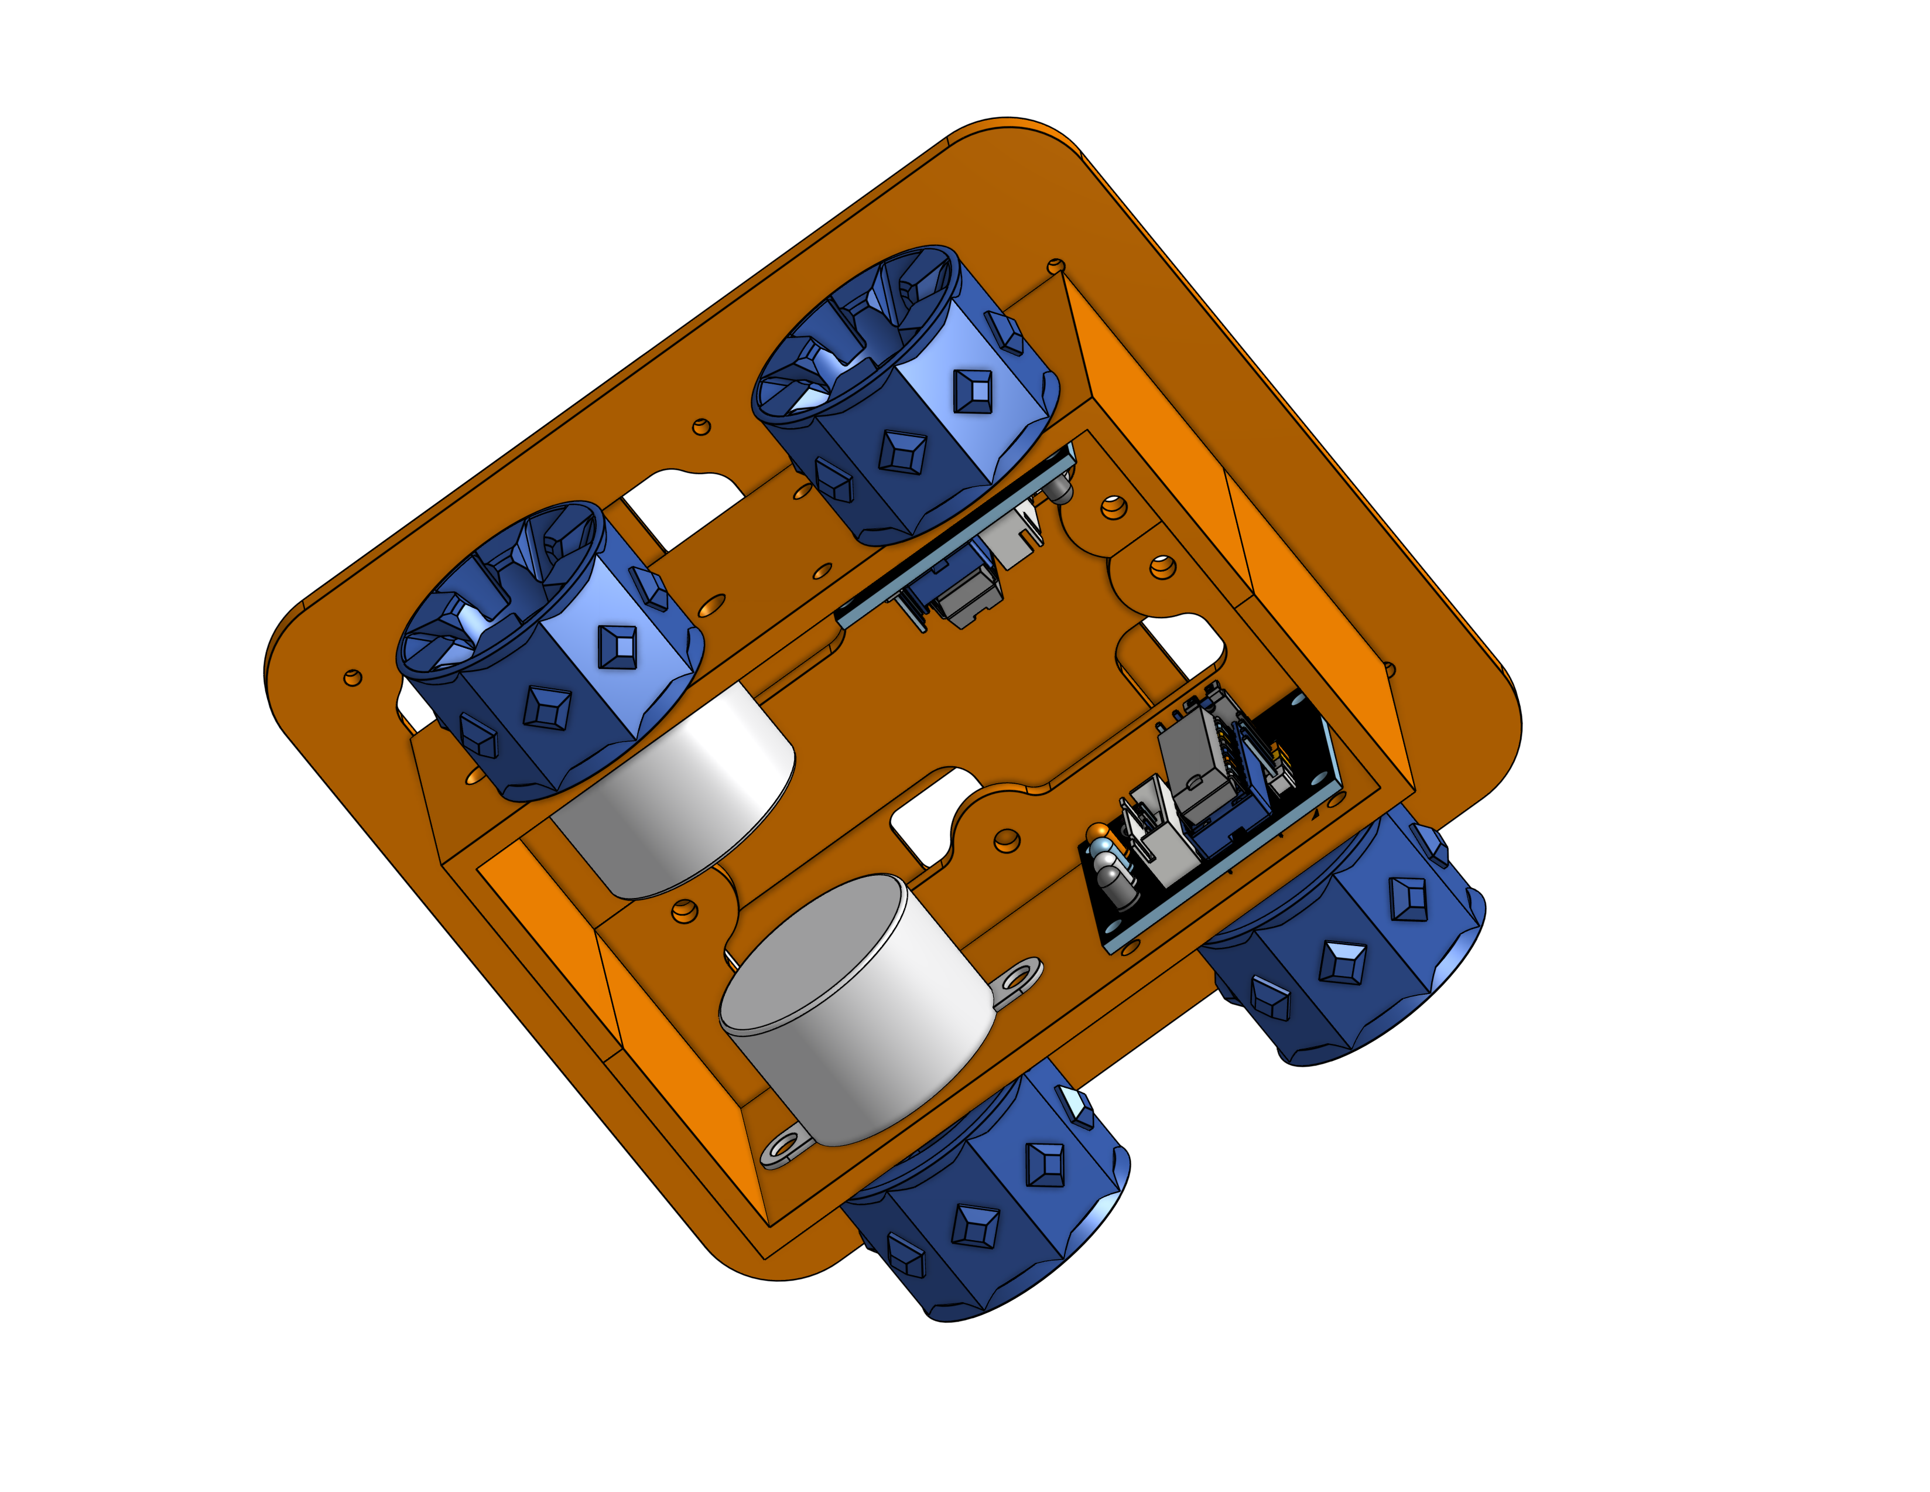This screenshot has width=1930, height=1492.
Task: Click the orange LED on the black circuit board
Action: point(1099,832)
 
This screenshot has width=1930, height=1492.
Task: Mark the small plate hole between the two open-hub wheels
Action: point(701,427)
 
